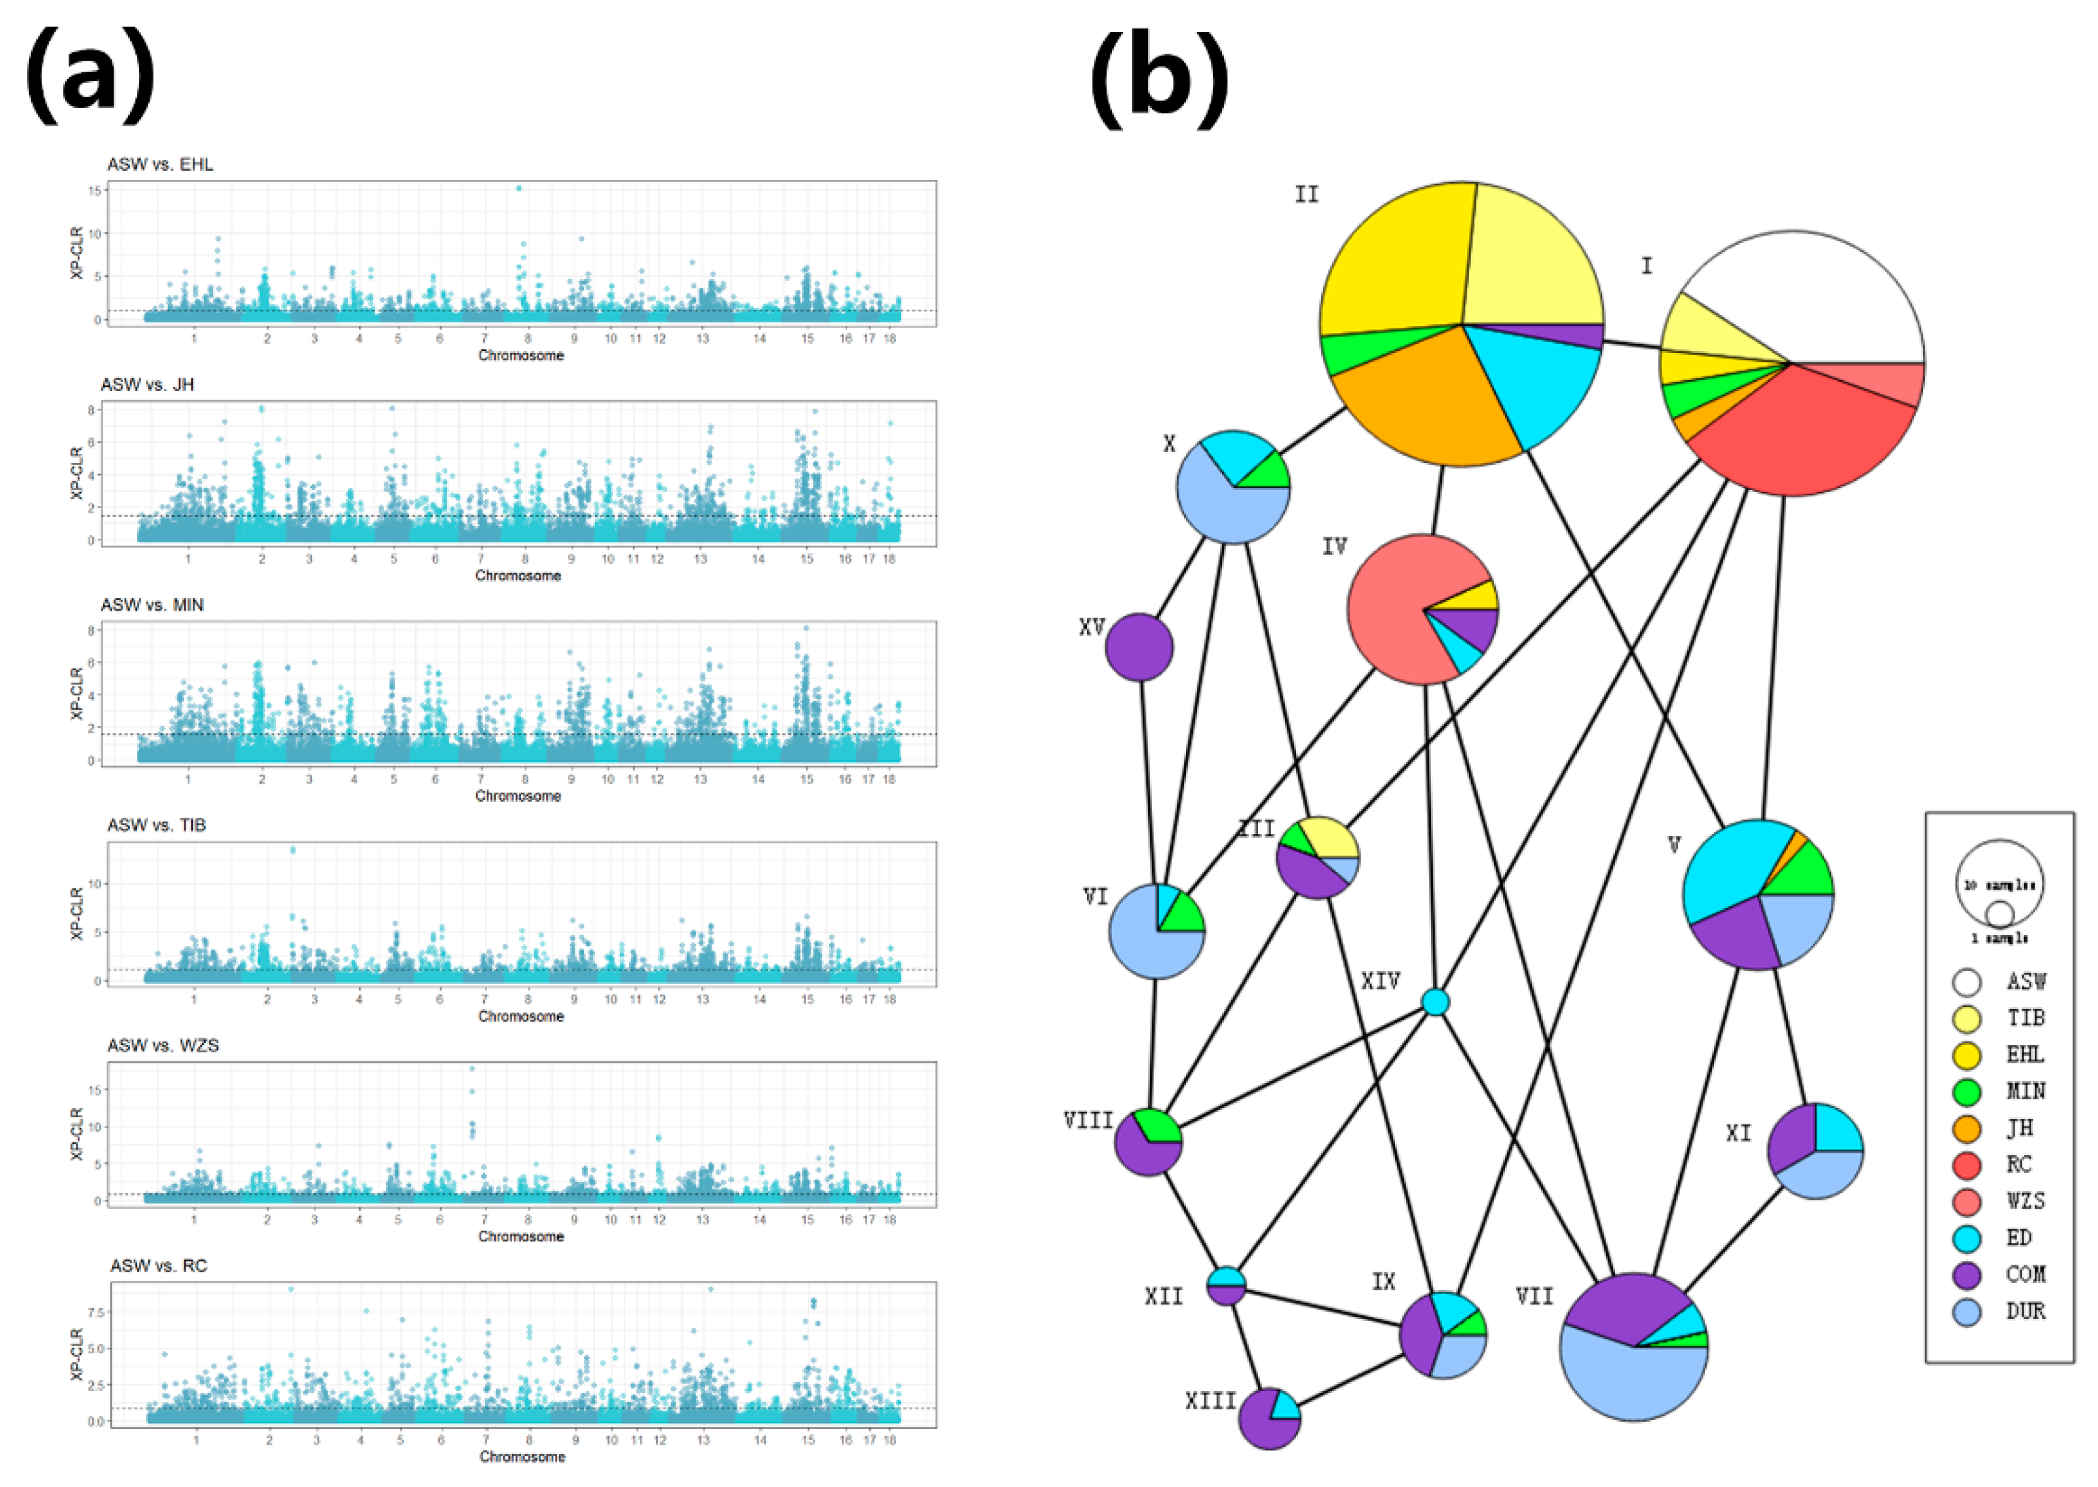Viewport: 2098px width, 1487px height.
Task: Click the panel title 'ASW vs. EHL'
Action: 160,165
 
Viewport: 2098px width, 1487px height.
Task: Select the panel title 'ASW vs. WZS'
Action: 163,1046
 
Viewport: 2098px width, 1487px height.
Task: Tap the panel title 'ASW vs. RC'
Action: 159,1267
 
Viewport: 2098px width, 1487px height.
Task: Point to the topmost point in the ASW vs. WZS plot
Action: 472,1068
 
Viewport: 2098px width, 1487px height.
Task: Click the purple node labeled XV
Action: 1139,647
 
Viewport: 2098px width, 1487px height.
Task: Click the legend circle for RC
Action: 1967,1166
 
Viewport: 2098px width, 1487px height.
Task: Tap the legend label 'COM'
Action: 2025,1275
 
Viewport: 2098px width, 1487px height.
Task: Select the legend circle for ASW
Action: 1967,982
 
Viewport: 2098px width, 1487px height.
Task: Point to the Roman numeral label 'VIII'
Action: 1088,1121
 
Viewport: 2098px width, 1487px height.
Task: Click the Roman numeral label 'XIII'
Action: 1211,1401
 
